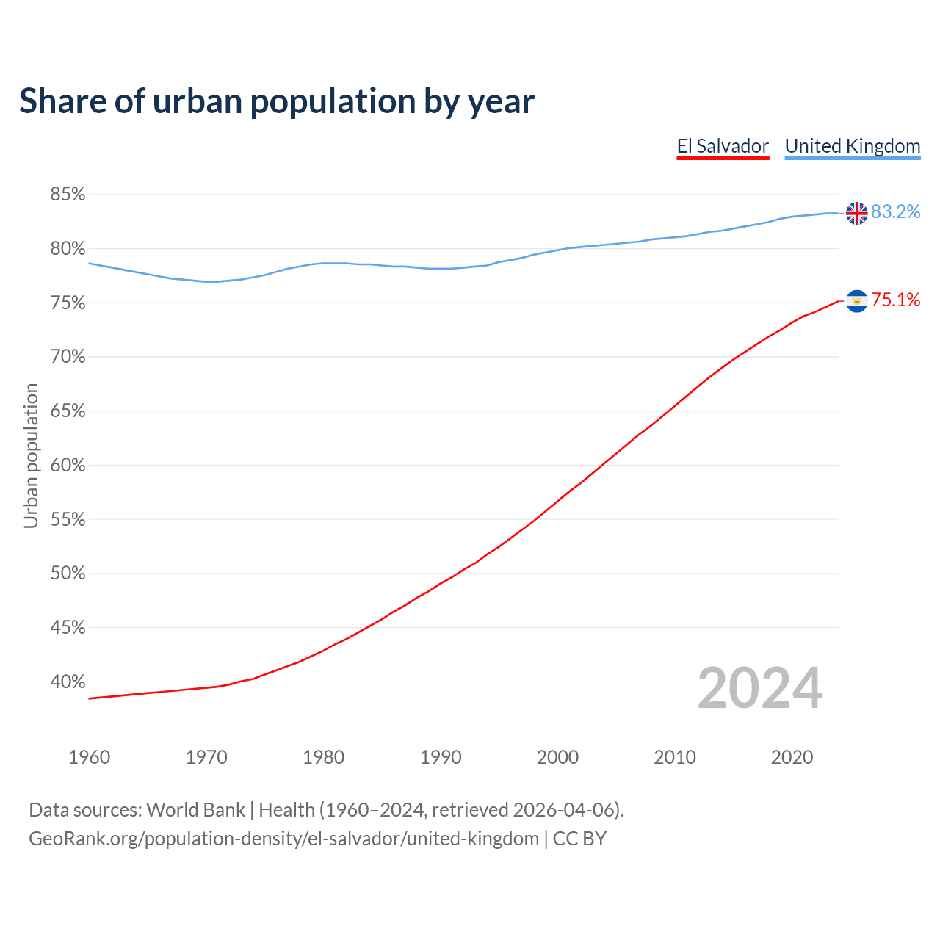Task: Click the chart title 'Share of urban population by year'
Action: click(x=276, y=101)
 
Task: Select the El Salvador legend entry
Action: click(x=723, y=146)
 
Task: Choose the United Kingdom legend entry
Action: click(x=852, y=146)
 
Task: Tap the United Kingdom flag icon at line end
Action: click(x=856, y=213)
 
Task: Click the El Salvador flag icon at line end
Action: click(x=856, y=301)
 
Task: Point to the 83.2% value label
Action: click(x=895, y=212)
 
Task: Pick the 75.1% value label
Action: click(x=895, y=300)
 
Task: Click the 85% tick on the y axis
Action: click(x=68, y=195)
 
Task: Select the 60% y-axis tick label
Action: click(x=68, y=466)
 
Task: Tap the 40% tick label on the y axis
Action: click(x=68, y=682)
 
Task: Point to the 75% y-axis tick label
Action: click(x=68, y=303)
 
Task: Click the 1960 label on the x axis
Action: click(x=89, y=757)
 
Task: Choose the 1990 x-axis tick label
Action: click(x=441, y=757)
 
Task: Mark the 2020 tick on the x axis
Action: click(x=792, y=757)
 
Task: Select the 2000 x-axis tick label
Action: click(x=557, y=757)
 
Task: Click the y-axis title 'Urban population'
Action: click(x=31, y=455)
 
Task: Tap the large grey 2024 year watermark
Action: click(x=759, y=688)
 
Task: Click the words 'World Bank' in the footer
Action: click(x=195, y=810)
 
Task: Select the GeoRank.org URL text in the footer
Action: click(x=283, y=839)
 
